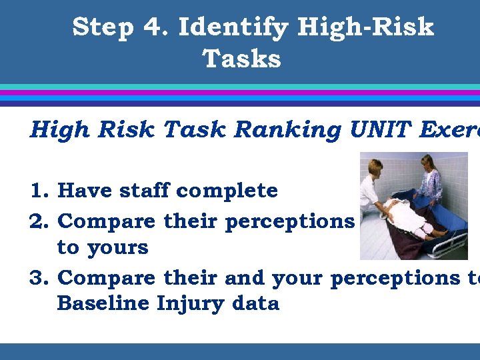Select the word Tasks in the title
241,59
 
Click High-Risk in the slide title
365,28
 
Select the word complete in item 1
227,192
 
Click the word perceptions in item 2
290,222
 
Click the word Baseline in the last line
103,303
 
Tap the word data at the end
256,303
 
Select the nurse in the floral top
429,180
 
